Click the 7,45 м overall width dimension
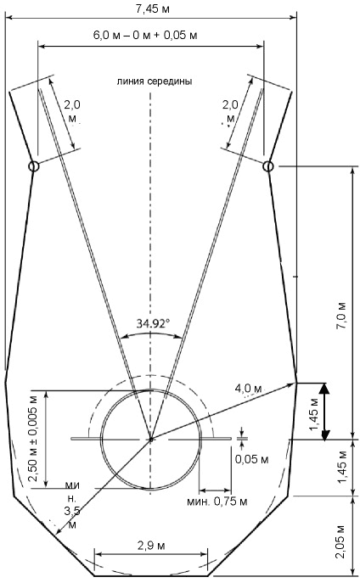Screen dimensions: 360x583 [152, 8]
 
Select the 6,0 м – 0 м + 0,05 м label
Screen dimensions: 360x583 [145, 36]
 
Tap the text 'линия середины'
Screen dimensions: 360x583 [155, 81]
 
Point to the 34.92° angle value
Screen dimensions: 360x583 [153, 323]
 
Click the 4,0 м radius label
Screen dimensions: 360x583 [249, 389]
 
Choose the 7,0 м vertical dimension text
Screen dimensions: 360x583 [342, 315]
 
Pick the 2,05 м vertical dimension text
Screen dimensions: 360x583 [342, 541]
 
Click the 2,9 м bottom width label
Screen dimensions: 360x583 [151, 546]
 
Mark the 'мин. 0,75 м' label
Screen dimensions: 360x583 [217, 502]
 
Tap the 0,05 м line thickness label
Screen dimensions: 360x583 [252, 459]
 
